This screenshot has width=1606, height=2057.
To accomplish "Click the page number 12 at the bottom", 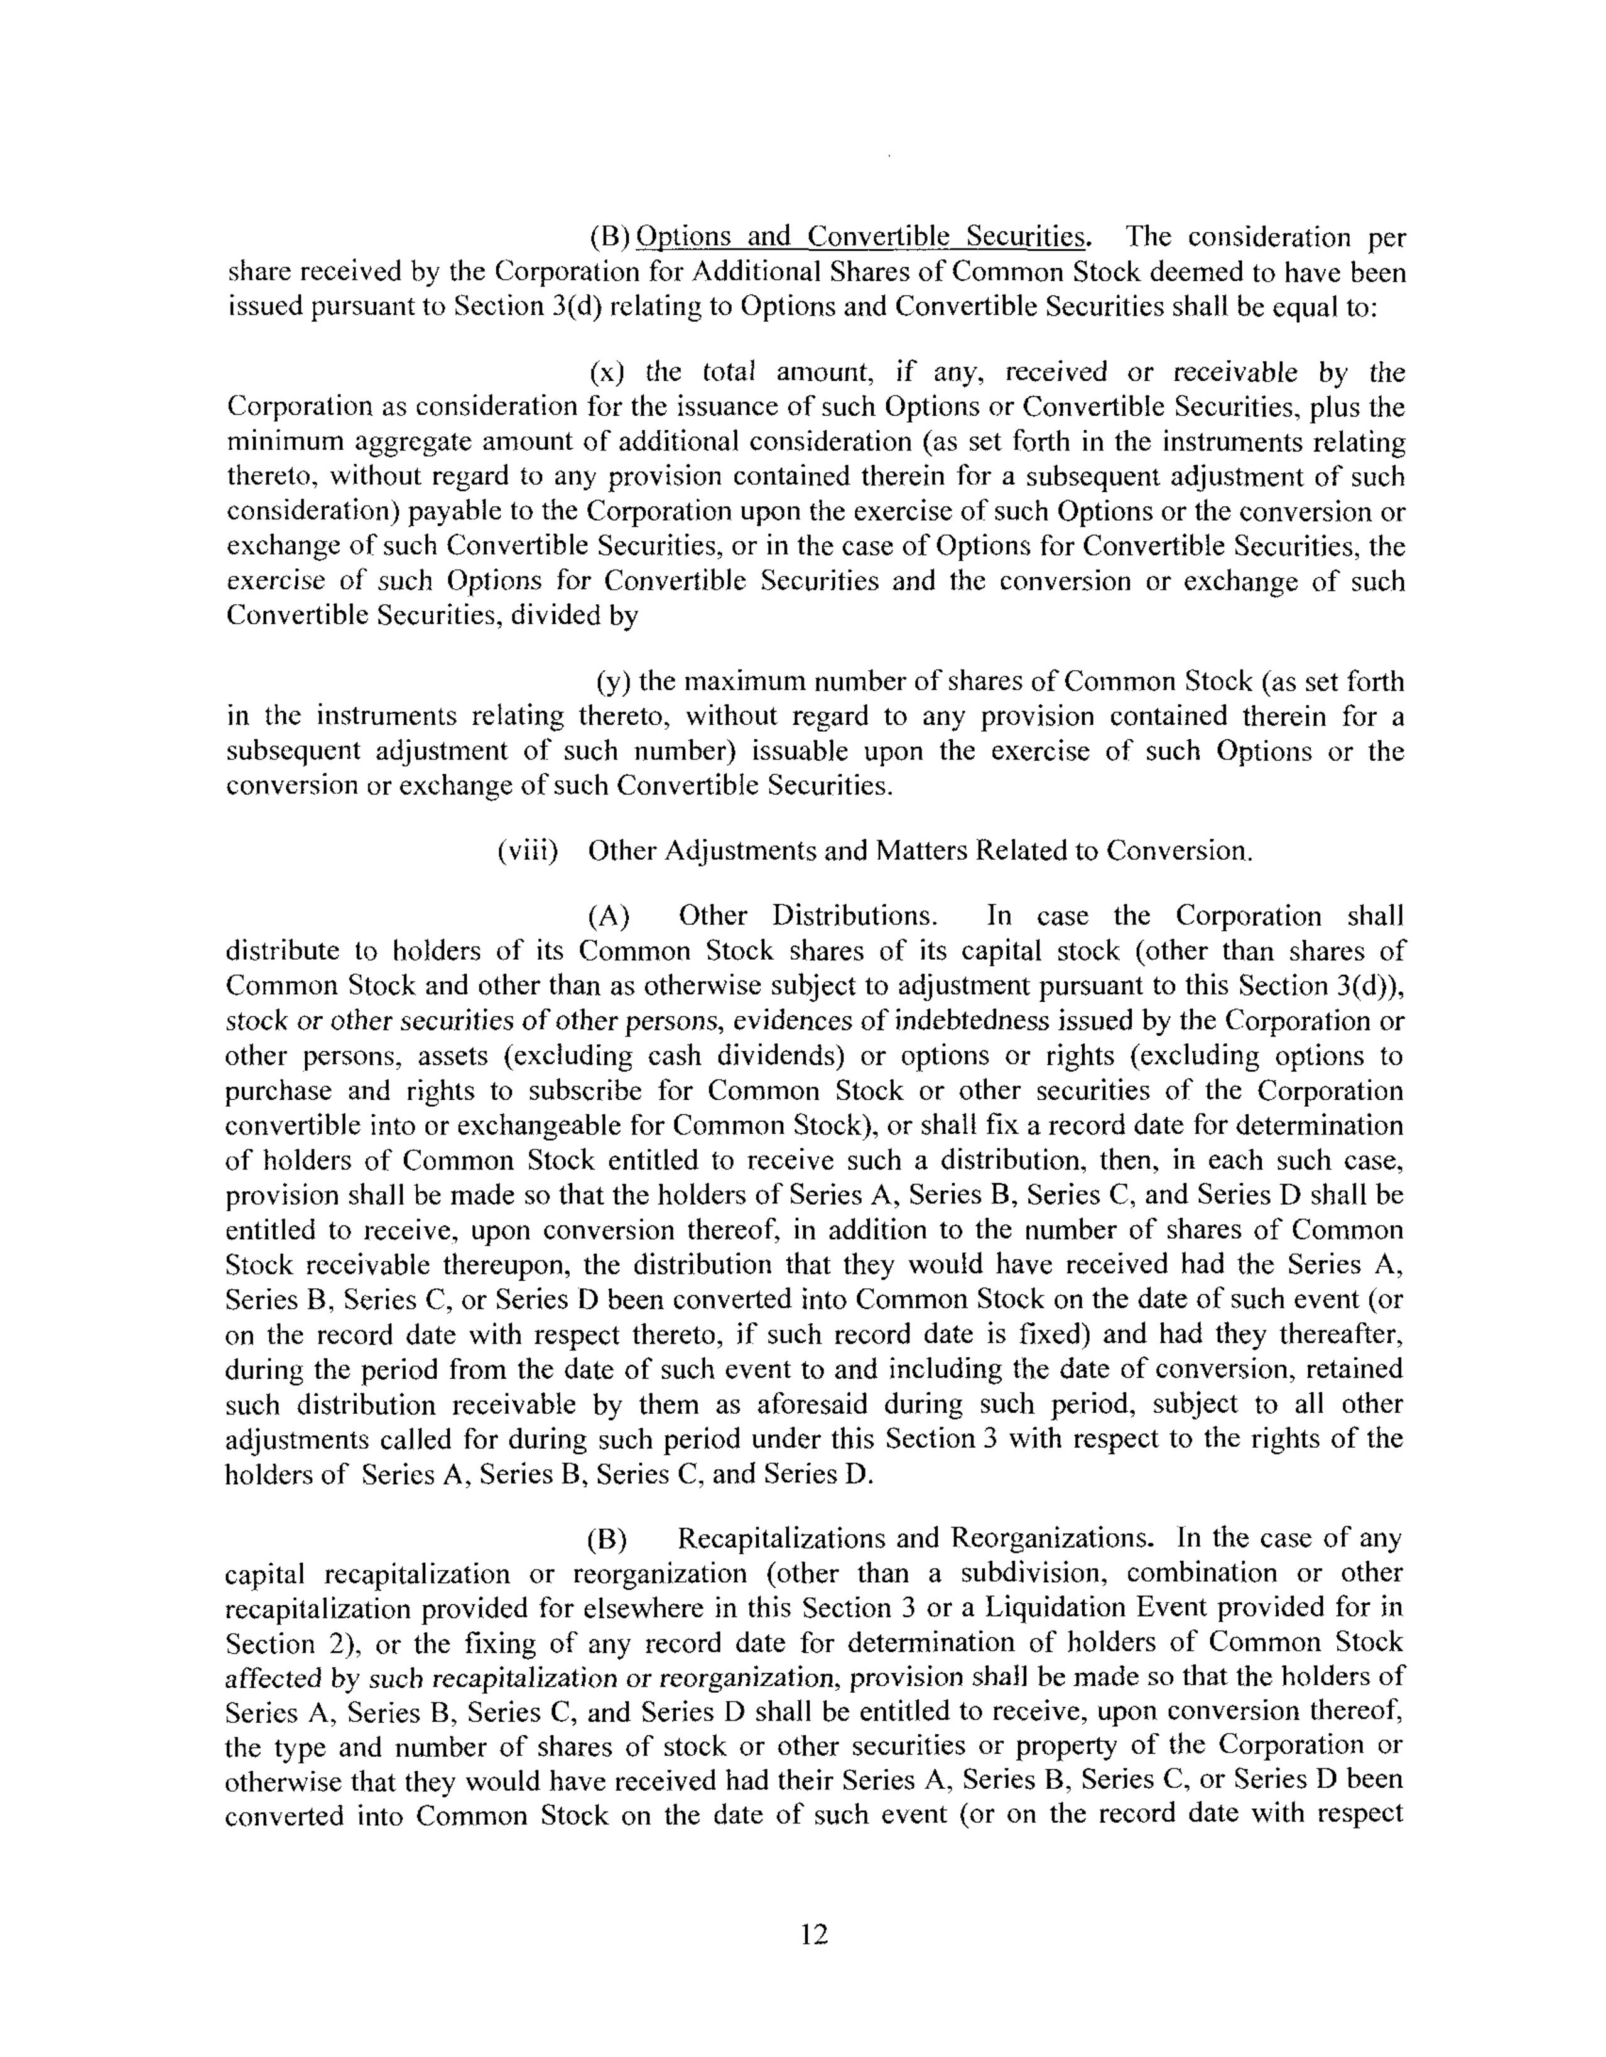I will pyautogui.click(x=813, y=1935).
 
